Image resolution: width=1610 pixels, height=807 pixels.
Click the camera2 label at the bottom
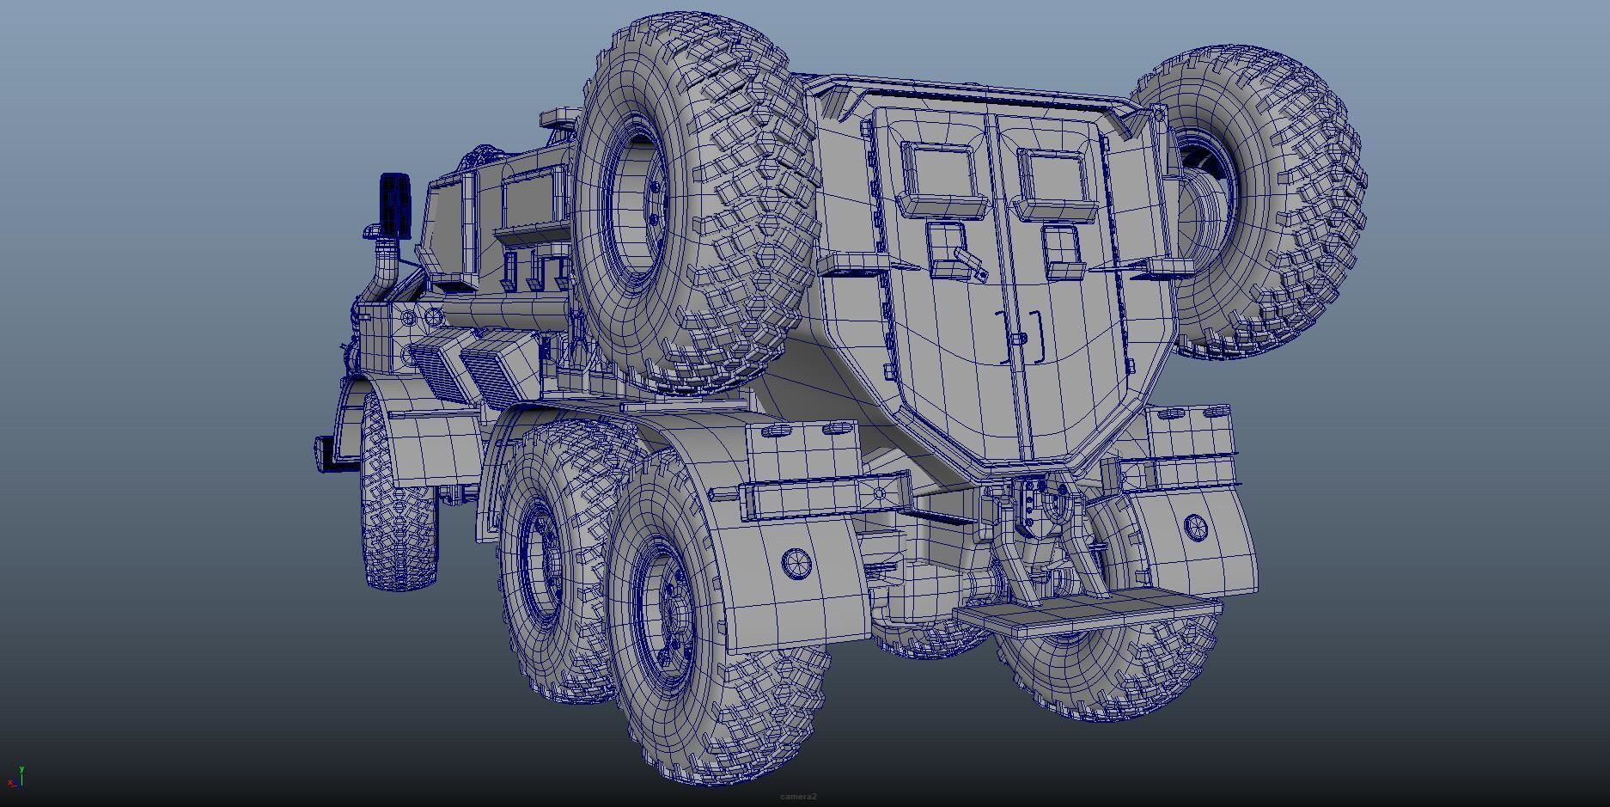[798, 797]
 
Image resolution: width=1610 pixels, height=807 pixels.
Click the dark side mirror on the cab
[395, 204]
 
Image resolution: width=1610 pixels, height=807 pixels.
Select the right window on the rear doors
[1053, 177]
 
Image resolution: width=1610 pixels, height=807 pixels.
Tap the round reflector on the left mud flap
[797, 563]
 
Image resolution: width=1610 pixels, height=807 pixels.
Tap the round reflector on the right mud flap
[1195, 526]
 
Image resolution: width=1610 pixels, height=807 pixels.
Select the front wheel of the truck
[399, 516]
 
